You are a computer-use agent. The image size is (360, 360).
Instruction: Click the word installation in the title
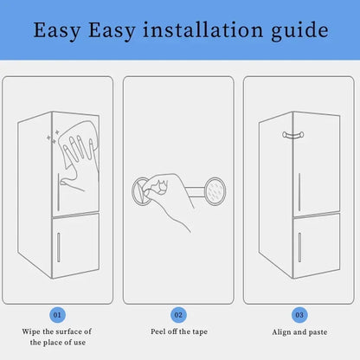click(x=217, y=32)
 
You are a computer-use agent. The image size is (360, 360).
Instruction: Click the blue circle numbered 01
click(x=56, y=314)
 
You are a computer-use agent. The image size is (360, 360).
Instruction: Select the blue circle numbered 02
click(x=178, y=314)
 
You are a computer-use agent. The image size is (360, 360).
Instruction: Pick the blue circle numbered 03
click(x=299, y=314)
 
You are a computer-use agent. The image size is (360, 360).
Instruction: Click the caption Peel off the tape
click(x=178, y=331)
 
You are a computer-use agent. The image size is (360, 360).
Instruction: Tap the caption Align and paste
click(x=299, y=331)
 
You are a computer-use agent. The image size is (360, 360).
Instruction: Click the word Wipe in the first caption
click(x=31, y=331)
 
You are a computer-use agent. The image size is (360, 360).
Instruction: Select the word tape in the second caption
click(x=203, y=331)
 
